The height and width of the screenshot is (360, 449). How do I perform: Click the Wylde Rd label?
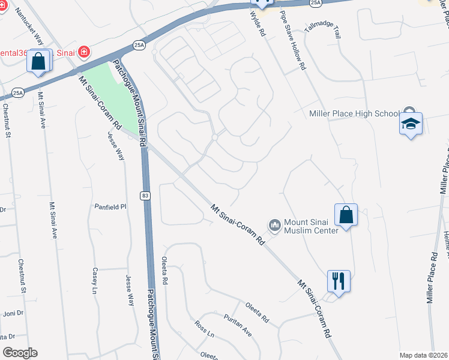pos(258,24)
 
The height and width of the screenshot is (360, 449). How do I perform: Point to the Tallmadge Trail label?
pos(322,29)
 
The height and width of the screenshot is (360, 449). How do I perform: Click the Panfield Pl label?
pos(110,206)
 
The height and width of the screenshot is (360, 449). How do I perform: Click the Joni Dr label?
pos(13,313)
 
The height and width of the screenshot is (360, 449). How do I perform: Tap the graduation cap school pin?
pos(411,124)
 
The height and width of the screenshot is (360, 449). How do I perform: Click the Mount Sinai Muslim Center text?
pos(312,226)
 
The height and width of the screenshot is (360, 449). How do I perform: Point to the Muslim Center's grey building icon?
pos(276,226)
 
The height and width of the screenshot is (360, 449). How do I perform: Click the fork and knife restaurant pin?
pos(339,280)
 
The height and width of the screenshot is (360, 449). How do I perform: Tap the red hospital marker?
pos(84,52)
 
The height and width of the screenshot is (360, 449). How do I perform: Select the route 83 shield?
pos(146,196)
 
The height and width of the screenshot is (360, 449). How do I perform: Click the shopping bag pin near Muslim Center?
pos(346,214)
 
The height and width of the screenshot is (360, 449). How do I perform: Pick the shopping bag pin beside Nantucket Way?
pos(38,61)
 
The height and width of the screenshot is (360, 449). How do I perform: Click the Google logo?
pos(20,353)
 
